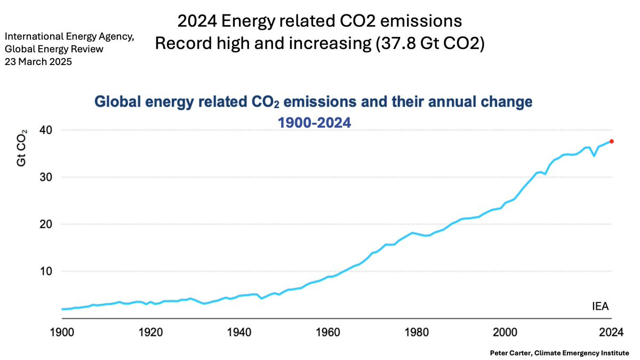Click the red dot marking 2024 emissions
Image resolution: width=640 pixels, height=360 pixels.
tap(611, 141)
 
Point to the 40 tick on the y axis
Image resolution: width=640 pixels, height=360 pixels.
tap(46, 130)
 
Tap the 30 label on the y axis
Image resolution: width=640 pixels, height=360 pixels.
tap(46, 178)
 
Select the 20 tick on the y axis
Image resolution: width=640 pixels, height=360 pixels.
tap(46, 225)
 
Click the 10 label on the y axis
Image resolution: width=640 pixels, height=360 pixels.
tap(46, 271)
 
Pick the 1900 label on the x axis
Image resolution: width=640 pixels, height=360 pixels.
tap(62, 332)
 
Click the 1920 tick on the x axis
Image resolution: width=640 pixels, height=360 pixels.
tap(150, 332)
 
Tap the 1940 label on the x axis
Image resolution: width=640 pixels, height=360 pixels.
tap(239, 332)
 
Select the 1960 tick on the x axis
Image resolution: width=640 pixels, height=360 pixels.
tap(328, 332)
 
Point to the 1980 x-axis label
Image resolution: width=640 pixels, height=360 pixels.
tap(417, 332)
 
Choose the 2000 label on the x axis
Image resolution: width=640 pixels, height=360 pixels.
tap(505, 332)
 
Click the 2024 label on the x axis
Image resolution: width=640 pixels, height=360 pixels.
tap(611, 332)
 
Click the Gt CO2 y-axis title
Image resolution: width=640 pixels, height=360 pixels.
tap(22, 148)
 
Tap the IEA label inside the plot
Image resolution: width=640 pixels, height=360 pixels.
tap(601, 306)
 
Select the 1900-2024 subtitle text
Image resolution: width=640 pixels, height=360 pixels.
tap(314, 123)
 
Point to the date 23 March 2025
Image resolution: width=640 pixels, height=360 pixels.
tap(38, 62)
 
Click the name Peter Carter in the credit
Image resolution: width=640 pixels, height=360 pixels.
tap(511, 353)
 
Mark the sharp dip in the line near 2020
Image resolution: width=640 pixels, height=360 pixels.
tap(594, 156)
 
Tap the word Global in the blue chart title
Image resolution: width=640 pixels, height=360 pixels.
tap(118, 102)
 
